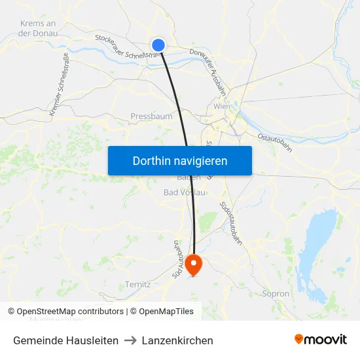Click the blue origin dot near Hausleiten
[158, 45]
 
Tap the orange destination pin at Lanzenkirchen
[194, 264]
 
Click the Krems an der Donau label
[38, 28]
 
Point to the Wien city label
[222, 107]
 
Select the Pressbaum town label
[151, 117]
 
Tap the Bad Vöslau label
[185, 192]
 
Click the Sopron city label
[276, 294]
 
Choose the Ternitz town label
[137, 285]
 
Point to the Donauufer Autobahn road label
[209, 69]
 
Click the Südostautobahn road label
[231, 223]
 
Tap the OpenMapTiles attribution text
[164, 312]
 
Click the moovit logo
[321, 339]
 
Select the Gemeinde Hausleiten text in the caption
[65, 340]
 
